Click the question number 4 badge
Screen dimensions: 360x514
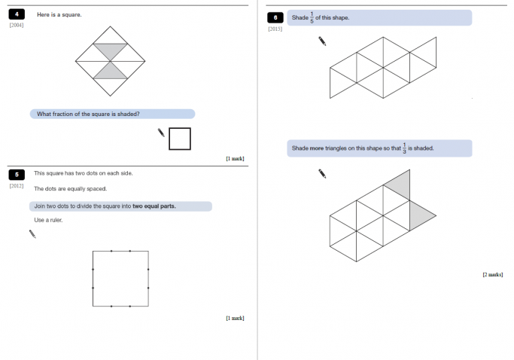[x=17, y=14]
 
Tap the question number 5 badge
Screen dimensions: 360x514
[x=17, y=174]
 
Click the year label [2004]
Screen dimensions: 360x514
[x=17, y=26]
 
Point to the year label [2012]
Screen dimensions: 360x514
[x=17, y=185]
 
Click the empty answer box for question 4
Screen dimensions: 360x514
[x=180, y=139]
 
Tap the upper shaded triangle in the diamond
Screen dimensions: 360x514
[x=111, y=50]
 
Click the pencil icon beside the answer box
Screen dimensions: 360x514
[x=161, y=133]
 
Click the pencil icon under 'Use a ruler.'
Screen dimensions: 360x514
[x=32, y=234]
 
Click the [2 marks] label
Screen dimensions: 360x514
[x=492, y=274]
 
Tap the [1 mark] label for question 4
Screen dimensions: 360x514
[x=235, y=159]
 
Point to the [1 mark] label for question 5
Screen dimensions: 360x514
[x=235, y=318]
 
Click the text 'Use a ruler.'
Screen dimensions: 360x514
[x=49, y=220]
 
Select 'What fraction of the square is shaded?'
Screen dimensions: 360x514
[x=88, y=114]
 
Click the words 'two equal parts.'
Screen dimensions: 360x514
[x=154, y=206]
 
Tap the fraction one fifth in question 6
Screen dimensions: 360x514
[x=312, y=17]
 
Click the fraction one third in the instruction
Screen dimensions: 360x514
[x=404, y=148]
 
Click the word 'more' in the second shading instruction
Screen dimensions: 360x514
[x=317, y=148]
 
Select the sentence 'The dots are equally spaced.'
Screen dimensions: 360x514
[x=71, y=189]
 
